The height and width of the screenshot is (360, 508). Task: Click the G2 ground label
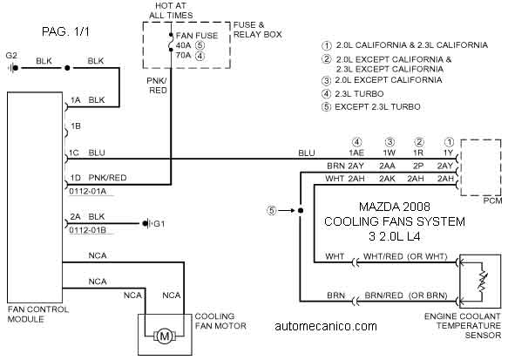pyautogui.click(x=11, y=56)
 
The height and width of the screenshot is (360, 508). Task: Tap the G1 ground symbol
pyautogui.click(x=146, y=223)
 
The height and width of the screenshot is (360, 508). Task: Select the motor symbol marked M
pyautogui.click(x=165, y=336)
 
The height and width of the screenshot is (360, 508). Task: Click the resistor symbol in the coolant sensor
pyautogui.click(x=483, y=281)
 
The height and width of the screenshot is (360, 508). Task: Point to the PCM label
pyautogui.click(x=492, y=200)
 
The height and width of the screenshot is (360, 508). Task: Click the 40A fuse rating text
pyautogui.click(x=183, y=45)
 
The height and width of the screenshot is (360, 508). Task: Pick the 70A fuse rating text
pyautogui.click(x=183, y=56)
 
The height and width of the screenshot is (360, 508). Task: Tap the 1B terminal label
pyautogui.click(x=76, y=126)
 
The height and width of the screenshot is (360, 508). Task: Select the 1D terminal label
pyautogui.click(x=76, y=178)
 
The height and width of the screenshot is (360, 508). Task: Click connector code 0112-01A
pyautogui.click(x=88, y=191)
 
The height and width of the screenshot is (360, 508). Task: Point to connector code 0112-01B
pyautogui.click(x=88, y=230)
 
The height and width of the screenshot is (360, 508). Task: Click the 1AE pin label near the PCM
pyautogui.click(x=356, y=153)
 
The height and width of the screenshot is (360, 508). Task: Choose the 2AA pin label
pyautogui.click(x=388, y=166)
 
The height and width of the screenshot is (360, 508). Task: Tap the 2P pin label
pyautogui.click(x=418, y=166)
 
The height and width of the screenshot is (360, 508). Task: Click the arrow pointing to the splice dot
pyautogui.click(x=287, y=211)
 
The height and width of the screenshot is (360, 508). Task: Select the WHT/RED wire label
pyautogui.click(x=383, y=256)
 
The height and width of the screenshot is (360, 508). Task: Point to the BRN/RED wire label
pyautogui.click(x=383, y=295)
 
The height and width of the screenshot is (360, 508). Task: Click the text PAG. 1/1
pyautogui.click(x=65, y=31)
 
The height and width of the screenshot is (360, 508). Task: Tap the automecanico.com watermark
pyautogui.click(x=326, y=326)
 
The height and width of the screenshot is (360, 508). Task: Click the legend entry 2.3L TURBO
pyautogui.click(x=359, y=93)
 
